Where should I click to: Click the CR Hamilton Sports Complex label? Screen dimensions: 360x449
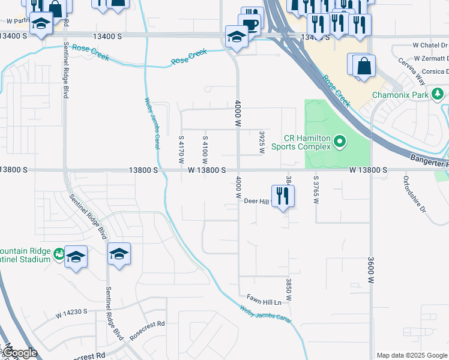(301, 142)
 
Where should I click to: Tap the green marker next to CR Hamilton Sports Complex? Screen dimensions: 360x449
(340, 142)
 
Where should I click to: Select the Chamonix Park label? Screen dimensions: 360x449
(399, 95)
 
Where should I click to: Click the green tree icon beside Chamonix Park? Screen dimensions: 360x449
(438, 94)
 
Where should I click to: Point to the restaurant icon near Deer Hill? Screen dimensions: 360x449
(283, 195)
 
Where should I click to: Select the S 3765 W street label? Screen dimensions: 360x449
(315, 189)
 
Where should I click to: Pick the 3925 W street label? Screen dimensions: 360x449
(262, 142)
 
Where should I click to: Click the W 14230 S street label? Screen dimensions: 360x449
(71, 313)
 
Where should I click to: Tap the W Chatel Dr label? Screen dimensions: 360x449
(430, 45)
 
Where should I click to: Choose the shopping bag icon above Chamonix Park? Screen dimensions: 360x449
(364, 65)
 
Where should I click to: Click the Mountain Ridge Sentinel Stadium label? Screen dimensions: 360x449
(25, 255)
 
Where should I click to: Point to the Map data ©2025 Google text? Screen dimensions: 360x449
(412, 355)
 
